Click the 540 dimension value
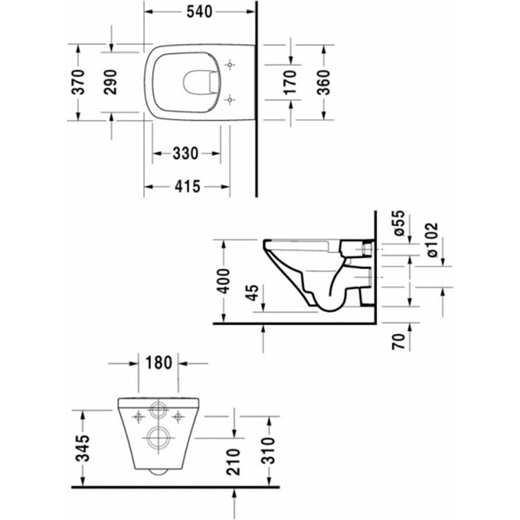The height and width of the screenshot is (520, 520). [x=199, y=12]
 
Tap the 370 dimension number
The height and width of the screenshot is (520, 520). [x=79, y=82]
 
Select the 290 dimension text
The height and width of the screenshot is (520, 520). [x=110, y=82]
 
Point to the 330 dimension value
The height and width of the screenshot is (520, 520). [x=186, y=153]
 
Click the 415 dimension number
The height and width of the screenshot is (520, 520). [x=188, y=186]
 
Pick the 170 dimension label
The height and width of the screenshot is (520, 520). [x=290, y=82]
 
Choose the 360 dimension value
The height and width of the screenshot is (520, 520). [x=323, y=82]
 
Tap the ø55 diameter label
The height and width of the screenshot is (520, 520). [x=400, y=223]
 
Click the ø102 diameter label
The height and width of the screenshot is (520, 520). [x=432, y=240]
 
